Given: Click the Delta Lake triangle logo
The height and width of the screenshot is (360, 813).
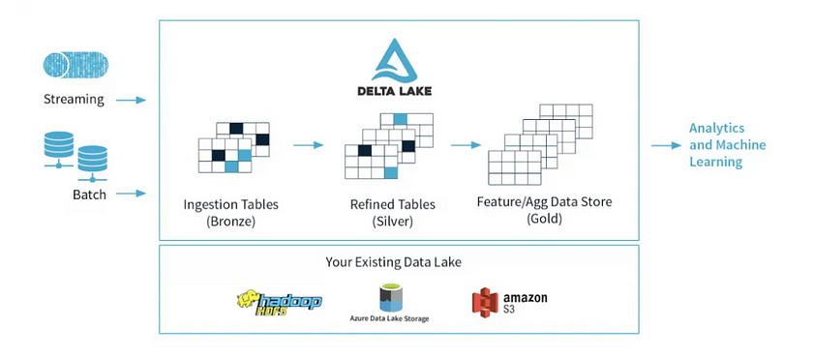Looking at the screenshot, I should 398,60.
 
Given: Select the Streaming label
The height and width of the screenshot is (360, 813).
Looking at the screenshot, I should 74,100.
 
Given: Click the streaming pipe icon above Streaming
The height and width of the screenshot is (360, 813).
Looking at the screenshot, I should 75,66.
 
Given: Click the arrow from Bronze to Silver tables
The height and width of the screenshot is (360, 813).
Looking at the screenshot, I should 308,146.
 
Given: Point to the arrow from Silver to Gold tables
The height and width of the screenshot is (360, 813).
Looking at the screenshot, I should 466,145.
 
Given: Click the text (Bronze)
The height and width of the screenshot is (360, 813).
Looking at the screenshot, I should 229,222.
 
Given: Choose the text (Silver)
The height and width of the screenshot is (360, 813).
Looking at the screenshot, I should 392,222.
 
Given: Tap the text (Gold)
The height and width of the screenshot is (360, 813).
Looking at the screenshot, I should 544,220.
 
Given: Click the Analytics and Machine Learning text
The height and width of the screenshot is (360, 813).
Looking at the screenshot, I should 727,145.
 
